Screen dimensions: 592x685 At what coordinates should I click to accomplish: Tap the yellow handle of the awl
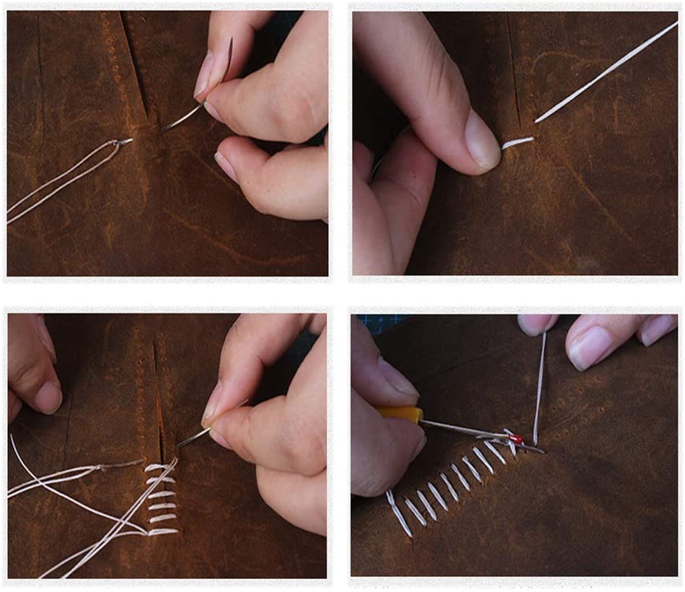[x=405, y=414]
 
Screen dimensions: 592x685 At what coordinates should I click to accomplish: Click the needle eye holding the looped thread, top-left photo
[x=123, y=142]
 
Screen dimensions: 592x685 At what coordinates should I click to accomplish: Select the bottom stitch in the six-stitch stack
[x=163, y=532]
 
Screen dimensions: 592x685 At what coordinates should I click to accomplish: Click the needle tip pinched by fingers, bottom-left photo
[x=189, y=438]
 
